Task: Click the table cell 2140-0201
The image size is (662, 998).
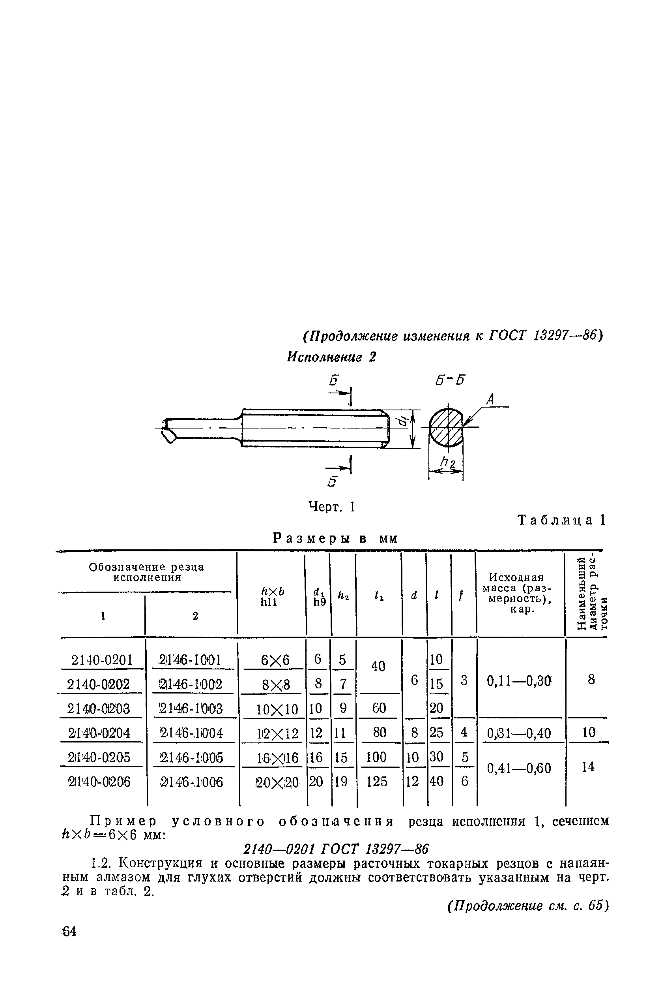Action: click(102, 660)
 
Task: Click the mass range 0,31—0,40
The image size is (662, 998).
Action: click(519, 733)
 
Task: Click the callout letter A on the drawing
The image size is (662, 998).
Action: click(490, 399)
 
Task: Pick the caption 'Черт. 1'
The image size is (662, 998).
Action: click(332, 506)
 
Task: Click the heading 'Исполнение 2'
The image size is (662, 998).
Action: click(331, 357)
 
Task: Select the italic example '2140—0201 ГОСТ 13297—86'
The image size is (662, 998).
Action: click(336, 848)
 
